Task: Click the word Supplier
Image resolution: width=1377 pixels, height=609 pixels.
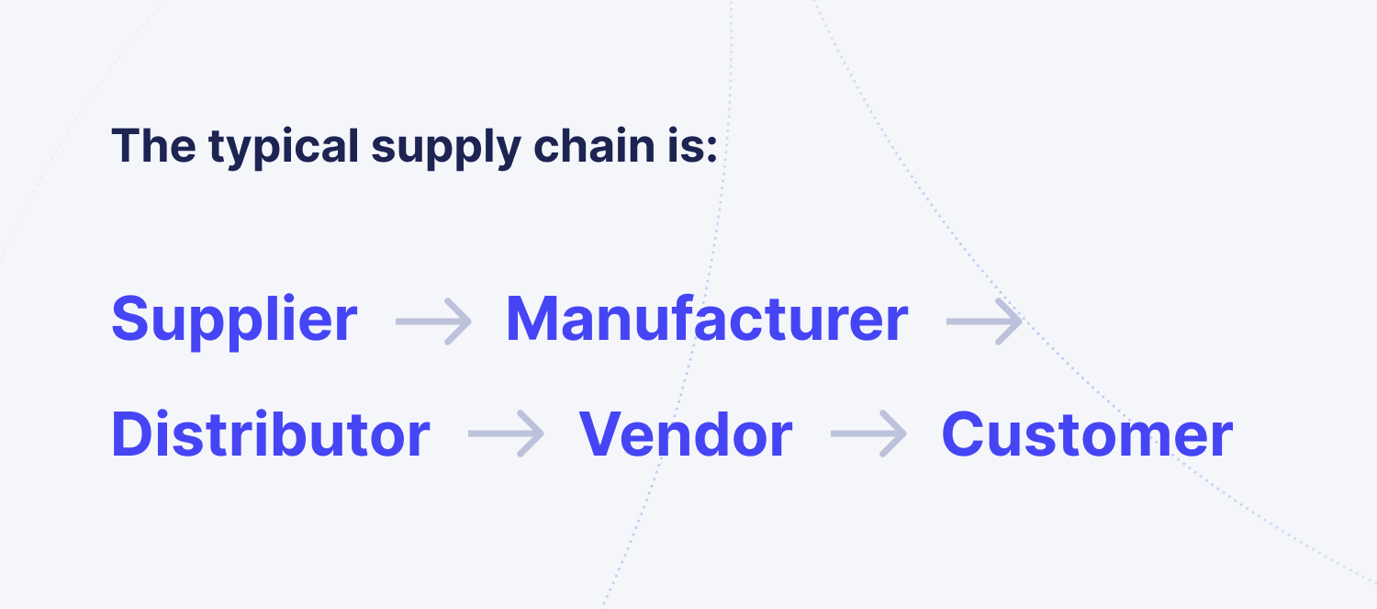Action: (x=234, y=321)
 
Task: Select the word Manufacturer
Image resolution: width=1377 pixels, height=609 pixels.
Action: (x=707, y=319)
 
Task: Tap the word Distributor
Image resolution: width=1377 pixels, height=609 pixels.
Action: (x=270, y=434)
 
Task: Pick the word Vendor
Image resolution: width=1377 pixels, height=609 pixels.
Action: (x=685, y=434)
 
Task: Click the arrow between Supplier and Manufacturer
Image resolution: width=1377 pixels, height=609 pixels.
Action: (x=433, y=321)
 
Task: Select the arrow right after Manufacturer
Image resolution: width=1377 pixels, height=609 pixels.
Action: (x=984, y=321)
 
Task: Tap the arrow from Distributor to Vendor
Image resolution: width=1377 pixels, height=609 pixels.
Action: (x=505, y=434)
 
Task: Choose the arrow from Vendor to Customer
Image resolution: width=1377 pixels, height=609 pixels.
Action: (x=868, y=434)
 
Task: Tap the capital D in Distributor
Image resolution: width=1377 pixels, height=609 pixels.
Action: (x=132, y=434)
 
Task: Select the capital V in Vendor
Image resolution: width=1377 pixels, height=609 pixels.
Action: (x=602, y=434)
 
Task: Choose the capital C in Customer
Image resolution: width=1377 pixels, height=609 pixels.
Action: (x=966, y=434)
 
